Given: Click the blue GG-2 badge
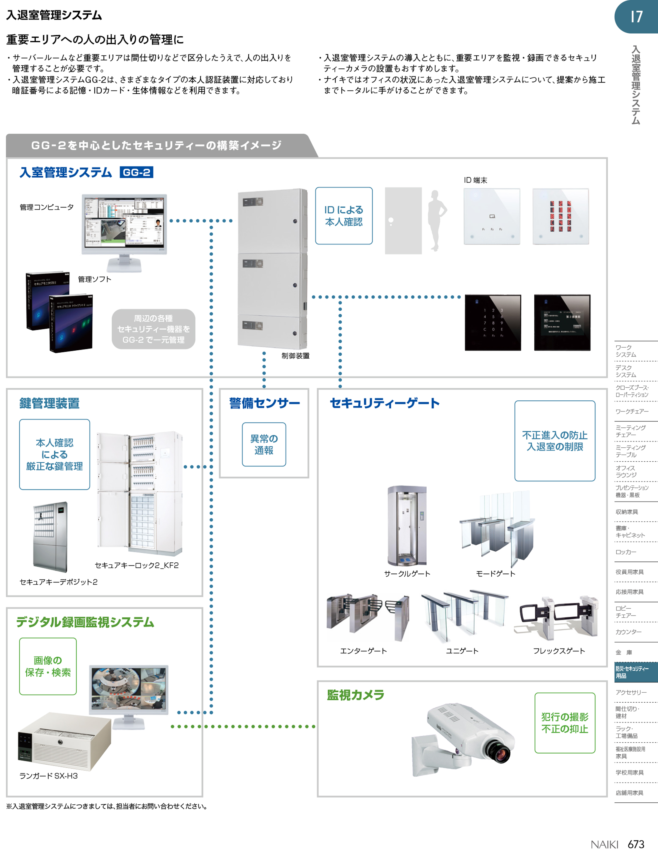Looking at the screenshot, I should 136,172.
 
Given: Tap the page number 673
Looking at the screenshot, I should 636,844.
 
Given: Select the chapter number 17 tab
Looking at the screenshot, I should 636,17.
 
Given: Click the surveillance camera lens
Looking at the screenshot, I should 501,749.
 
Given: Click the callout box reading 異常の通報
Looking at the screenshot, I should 264,445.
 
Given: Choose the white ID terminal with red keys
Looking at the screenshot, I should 561,216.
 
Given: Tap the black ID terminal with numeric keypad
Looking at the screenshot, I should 492,323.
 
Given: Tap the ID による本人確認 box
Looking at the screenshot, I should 344,216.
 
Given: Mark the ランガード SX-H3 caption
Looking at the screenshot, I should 48,776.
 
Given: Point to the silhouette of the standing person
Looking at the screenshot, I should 437,220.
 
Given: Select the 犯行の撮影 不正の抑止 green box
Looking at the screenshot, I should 565,723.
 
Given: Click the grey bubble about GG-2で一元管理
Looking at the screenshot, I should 154,329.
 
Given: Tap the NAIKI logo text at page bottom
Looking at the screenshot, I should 604,844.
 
